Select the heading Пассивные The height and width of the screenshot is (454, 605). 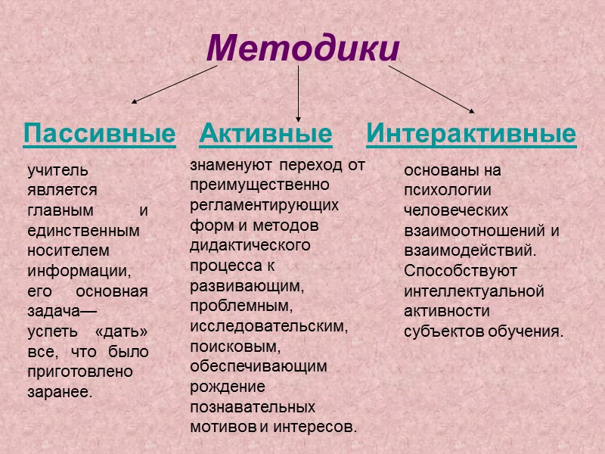pyautogui.click(x=99, y=134)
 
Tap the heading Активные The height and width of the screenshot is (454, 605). pyautogui.click(x=265, y=134)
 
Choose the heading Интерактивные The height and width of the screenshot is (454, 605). pyautogui.click(x=470, y=134)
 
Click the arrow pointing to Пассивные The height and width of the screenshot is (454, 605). pyautogui.click(x=175, y=83)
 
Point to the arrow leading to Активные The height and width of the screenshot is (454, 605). pyautogui.click(x=299, y=92)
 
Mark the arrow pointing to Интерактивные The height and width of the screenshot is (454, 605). pyautogui.click(x=431, y=89)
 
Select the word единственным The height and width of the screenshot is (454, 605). pyautogui.click(x=83, y=230)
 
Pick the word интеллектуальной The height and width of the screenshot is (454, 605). pyautogui.click(x=474, y=291)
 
